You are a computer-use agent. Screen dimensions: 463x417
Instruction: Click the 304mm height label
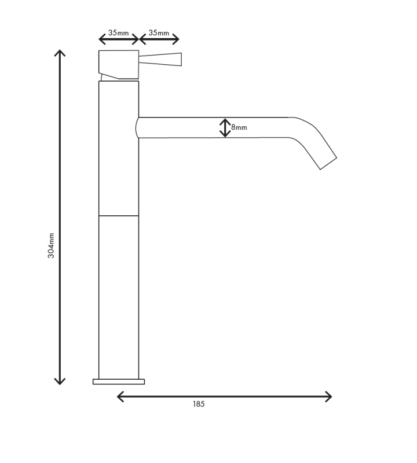51,245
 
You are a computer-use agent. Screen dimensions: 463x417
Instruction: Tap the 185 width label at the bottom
199,404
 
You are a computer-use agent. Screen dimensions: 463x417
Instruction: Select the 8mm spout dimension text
239,127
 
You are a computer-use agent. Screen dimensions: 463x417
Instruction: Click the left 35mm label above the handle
119,33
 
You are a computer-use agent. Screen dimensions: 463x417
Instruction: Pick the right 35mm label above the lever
159,33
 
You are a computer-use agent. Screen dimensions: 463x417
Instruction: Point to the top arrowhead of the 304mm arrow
60,53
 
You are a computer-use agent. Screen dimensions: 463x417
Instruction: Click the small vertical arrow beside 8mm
225,128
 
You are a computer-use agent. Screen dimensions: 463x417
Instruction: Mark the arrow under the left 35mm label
119,39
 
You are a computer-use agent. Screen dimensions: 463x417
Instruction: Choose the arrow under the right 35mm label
159,39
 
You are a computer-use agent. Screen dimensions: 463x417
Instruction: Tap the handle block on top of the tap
119,63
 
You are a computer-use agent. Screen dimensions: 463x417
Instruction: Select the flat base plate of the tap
119,381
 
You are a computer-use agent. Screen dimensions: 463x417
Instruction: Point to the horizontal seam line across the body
119,216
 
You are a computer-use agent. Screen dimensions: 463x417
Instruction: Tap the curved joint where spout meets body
138,128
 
